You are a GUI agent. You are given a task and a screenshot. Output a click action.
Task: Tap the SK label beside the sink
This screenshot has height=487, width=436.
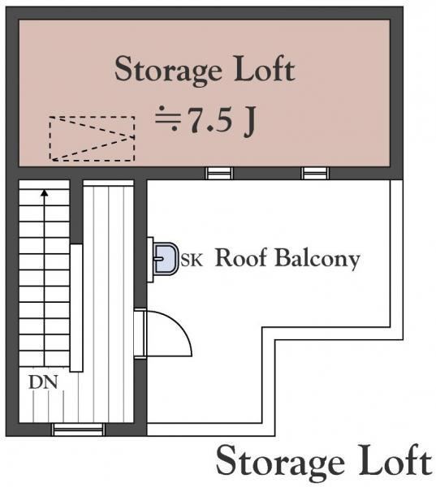(x=192, y=261)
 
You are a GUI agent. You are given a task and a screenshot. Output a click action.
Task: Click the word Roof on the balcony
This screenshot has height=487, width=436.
(x=241, y=257)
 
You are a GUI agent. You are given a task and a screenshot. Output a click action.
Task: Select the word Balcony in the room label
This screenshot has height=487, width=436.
(x=317, y=259)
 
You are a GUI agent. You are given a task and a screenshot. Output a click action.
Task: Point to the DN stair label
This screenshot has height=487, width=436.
(x=43, y=382)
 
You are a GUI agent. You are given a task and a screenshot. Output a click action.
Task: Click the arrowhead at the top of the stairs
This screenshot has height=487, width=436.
(x=45, y=193)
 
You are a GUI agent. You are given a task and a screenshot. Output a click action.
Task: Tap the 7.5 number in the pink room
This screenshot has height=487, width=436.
(x=210, y=120)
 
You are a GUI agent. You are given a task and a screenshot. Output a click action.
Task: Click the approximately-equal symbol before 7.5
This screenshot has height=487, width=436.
(x=168, y=119)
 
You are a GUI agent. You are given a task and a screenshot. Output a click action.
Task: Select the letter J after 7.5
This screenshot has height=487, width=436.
(x=249, y=122)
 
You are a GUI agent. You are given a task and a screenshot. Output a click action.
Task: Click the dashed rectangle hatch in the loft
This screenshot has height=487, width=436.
(x=92, y=117)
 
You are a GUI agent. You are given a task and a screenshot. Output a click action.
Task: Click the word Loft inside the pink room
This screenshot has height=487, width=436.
(x=264, y=69)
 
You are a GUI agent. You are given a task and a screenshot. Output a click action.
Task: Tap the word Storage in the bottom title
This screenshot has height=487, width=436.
(x=280, y=463)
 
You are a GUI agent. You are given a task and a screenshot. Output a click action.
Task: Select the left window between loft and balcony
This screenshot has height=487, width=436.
(x=219, y=173)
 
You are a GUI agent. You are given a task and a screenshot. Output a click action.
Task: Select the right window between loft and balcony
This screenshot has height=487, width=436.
(x=315, y=173)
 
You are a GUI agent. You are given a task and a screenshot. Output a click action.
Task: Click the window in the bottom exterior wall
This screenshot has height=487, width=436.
(x=78, y=430)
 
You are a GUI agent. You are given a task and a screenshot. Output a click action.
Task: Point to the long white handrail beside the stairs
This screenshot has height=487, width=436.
(x=76, y=308)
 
